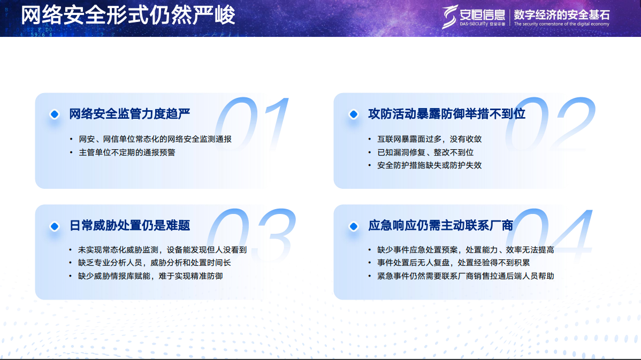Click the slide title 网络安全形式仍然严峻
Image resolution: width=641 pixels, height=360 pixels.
[x=128, y=15]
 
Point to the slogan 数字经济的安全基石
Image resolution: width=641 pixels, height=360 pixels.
[x=561, y=14]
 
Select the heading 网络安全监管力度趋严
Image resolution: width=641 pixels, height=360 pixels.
[x=130, y=114]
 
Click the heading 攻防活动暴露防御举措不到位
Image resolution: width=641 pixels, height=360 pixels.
[x=447, y=114]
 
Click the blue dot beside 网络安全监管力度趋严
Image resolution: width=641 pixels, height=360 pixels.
[x=54, y=114]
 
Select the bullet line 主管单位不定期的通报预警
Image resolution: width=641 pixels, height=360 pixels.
[x=127, y=152]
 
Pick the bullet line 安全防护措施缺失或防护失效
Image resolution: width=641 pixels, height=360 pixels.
[x=430, y=165]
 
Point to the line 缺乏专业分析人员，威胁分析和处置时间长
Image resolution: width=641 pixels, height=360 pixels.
[x=154, y=263]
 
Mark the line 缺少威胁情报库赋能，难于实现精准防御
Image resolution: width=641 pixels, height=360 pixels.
[x=150, y=276]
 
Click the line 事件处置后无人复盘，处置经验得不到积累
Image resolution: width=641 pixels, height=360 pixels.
[x=453, y=263]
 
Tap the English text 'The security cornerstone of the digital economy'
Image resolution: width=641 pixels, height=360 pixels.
[x=561, y=24]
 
